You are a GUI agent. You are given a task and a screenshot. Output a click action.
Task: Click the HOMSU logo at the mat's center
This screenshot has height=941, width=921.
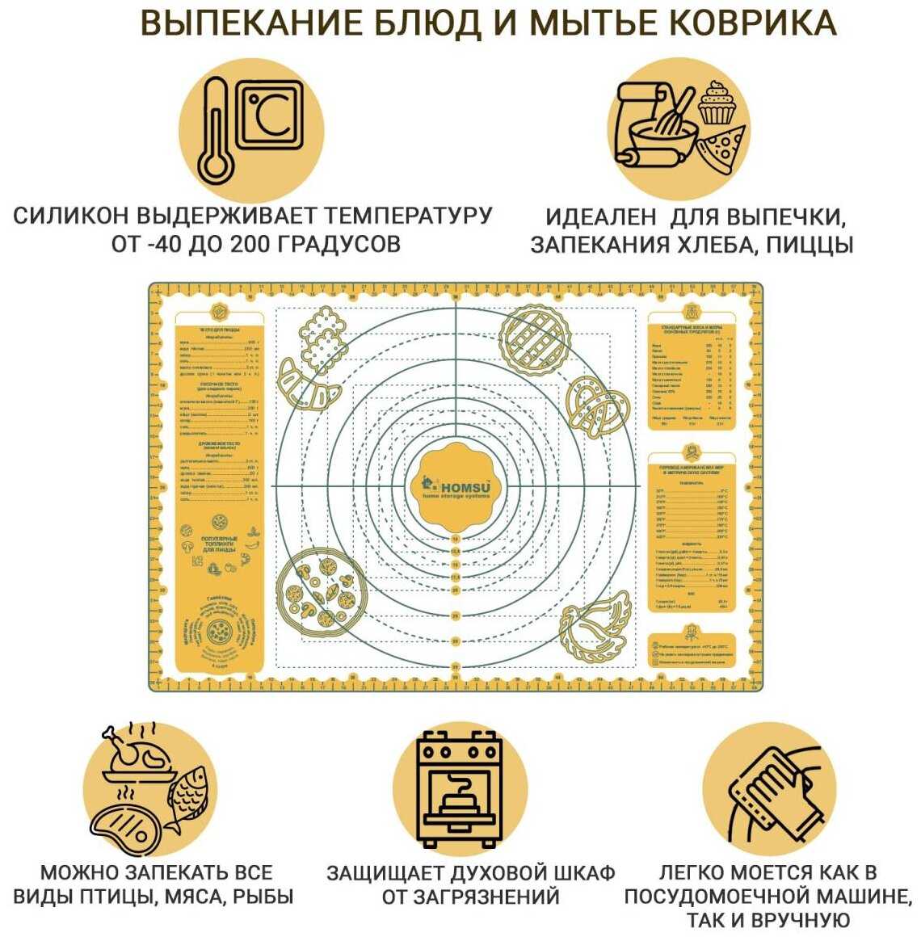(x=456, y=485)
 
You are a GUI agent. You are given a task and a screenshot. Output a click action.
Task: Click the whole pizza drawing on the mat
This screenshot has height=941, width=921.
(x=322, y=590)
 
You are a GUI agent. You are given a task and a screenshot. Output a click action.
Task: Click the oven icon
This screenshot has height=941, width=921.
(x=459, y=788)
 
